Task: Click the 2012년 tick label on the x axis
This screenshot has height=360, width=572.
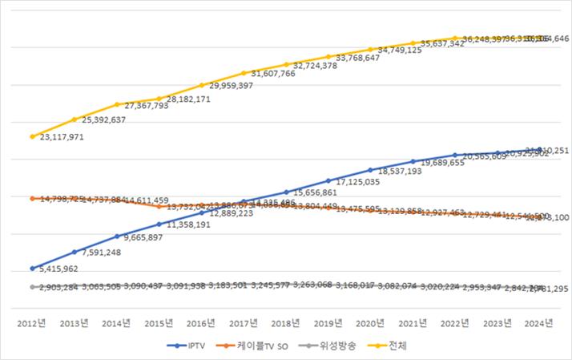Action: point(32,324)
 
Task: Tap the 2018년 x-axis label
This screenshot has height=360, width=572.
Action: point(286,324)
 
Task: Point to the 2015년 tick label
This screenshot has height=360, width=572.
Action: point(159,324)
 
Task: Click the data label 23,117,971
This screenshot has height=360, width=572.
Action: point(61,137)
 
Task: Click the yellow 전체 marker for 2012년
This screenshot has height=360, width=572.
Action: point(32,136)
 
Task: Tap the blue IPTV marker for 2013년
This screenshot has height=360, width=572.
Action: point(75,252)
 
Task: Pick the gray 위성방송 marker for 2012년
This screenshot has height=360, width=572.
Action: point(32,286)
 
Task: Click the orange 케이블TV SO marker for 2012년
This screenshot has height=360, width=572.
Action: point(32,198)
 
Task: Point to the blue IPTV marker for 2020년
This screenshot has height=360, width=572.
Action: point(371,170)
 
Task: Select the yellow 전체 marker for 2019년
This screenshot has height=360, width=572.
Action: point(328,57)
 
